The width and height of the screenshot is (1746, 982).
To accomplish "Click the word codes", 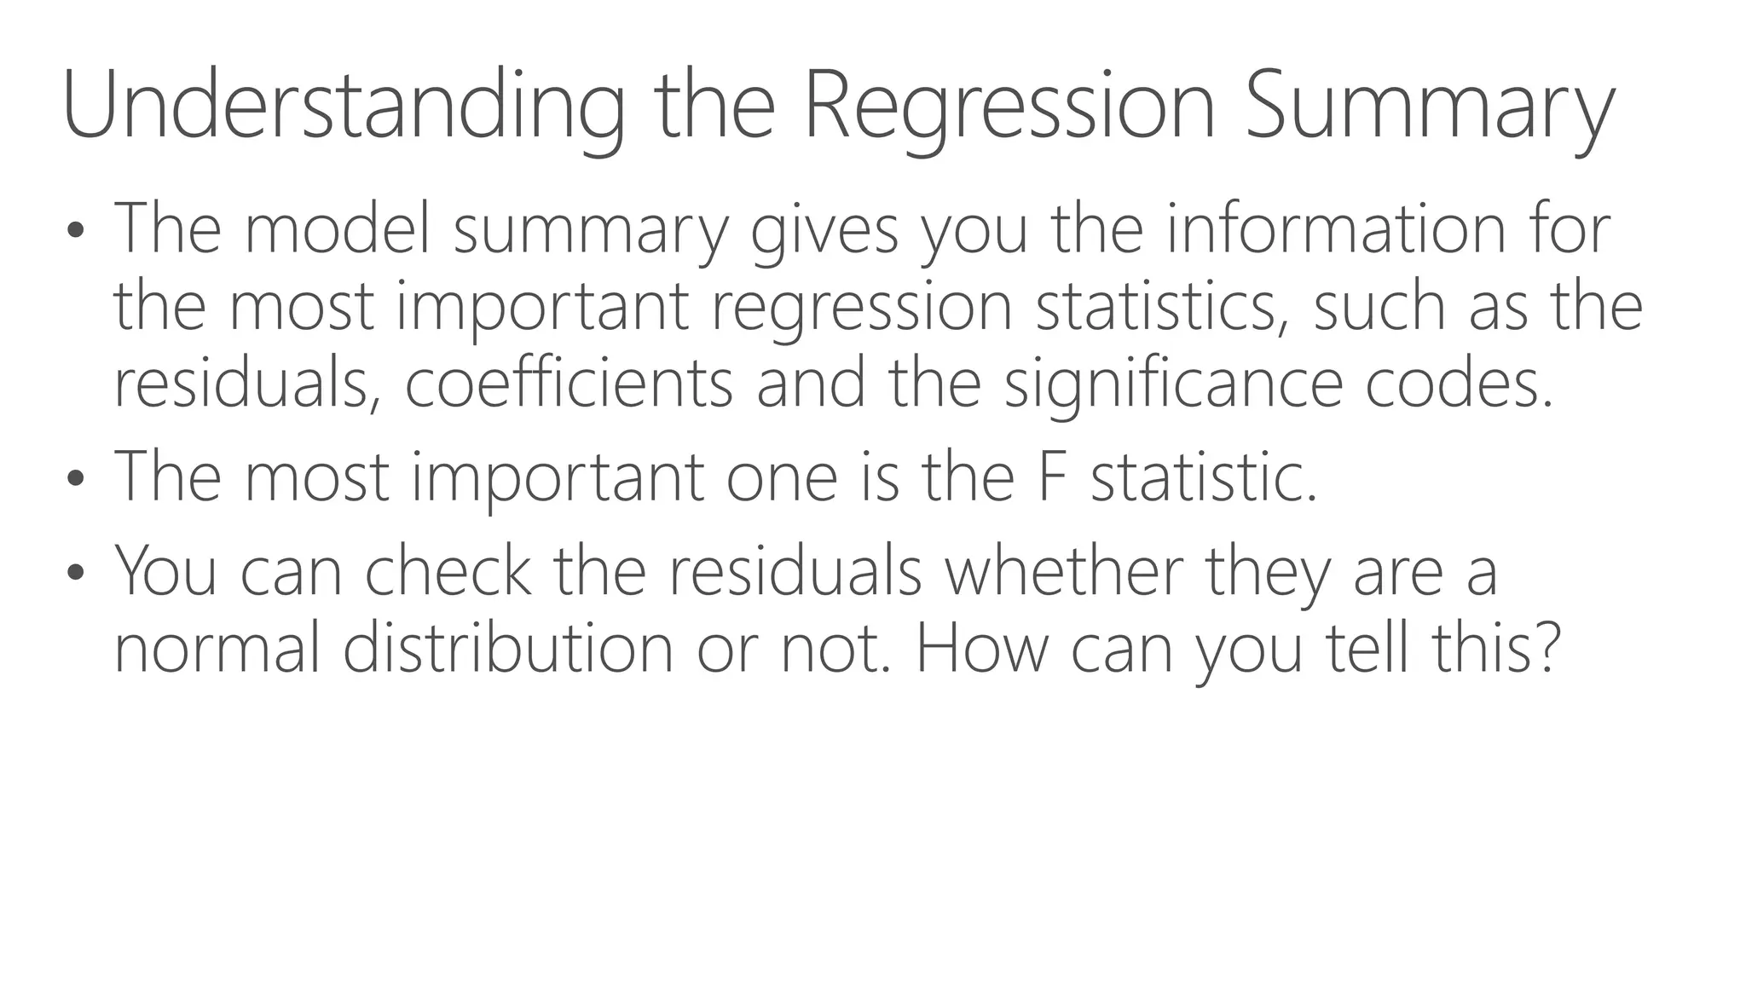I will point(1459,384).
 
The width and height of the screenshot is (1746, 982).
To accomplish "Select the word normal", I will point(217,648).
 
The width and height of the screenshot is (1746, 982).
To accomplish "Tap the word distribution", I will point(508,648).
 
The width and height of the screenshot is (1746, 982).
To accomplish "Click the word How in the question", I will point(981,648).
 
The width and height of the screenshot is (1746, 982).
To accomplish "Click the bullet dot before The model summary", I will point(76,230).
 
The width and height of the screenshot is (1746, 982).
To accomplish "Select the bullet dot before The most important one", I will point(76,478).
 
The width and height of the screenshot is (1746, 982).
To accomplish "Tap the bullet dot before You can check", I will point(76,572).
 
